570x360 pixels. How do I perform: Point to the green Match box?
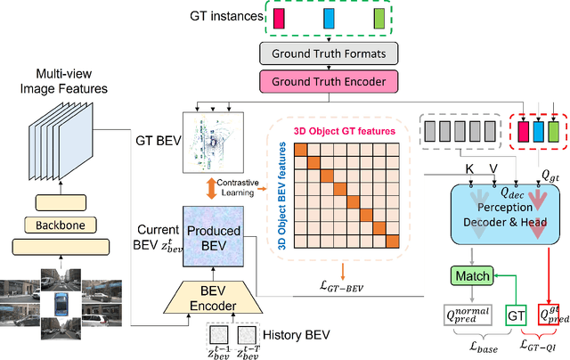click(471, 277)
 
